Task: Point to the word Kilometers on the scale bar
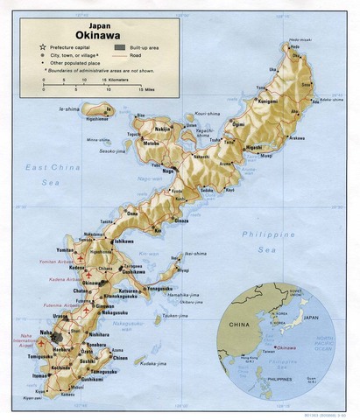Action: tap(119, 80)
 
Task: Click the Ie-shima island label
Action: tap(68, 109)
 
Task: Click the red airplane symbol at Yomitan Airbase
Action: tap(81, 261)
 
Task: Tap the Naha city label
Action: tap(45, 332)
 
